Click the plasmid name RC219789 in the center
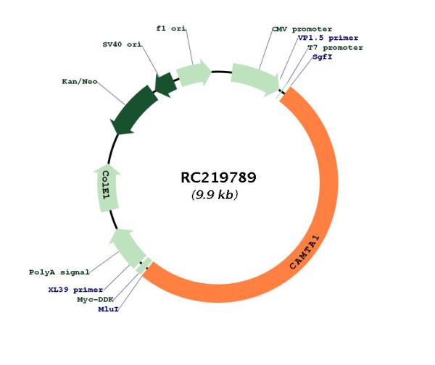point(218,177)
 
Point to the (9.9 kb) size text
point(215,195)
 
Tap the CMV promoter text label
point(302,29)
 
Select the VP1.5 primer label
point(328,38)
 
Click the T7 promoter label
point(336,48)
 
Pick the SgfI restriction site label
point(323,56)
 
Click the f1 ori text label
point(171,28)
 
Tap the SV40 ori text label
point(122,44)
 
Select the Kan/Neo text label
point(80,82)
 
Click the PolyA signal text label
point(59,272)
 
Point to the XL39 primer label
point(75,290)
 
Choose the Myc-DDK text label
point(96,300)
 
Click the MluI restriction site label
point(109,309)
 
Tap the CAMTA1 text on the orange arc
point(304,253)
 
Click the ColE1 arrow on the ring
point(107,188)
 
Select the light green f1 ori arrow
point(194,73)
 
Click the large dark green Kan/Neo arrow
point(133,110)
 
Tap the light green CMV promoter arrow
point(255,78)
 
